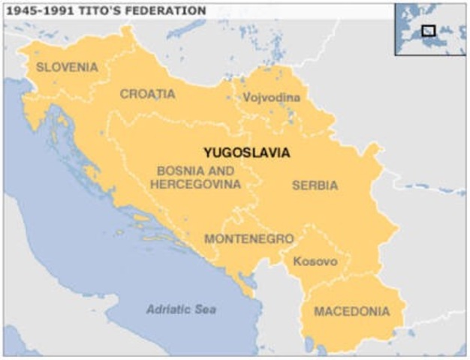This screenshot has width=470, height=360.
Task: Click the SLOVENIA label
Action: click(67, 67)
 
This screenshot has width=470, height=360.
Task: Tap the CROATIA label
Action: click(147, 94)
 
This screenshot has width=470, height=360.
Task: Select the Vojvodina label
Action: click(271, 97)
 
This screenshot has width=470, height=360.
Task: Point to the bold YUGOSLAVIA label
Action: click(246, 152)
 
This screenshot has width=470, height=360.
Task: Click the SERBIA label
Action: click(315, 185)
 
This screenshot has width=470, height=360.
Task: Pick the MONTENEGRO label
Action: click(249, 238)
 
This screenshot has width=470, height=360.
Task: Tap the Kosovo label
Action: click(315, 262)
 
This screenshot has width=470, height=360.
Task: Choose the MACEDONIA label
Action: click(351, 311)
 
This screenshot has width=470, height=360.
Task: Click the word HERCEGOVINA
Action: click(195, 184)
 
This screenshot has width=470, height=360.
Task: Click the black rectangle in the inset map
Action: click(429, 31)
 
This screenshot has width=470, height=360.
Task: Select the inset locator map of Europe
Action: click(430, 28)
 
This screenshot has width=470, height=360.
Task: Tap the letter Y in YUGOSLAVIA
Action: click(207, 152)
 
